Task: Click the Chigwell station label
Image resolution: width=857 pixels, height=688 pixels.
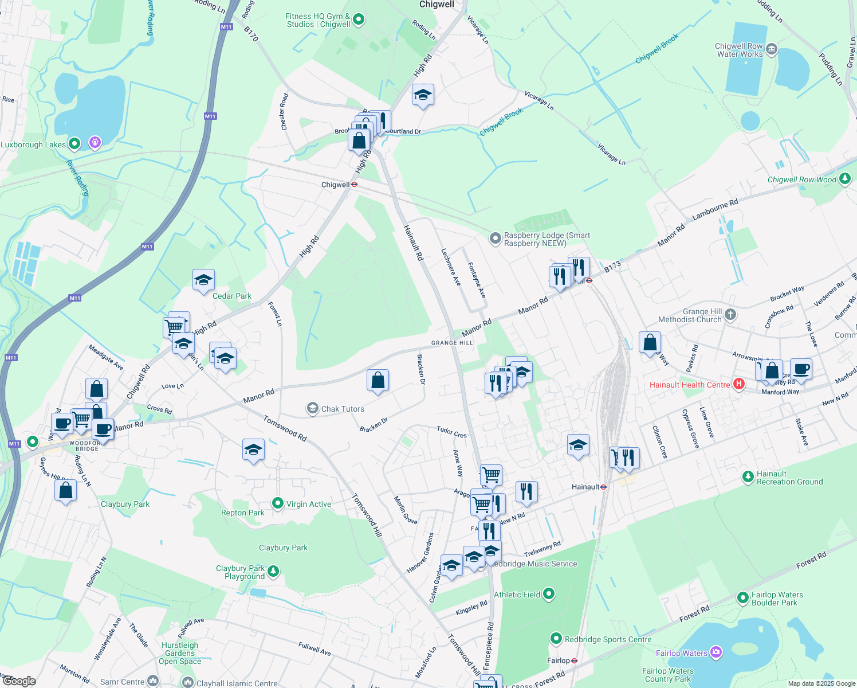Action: pos(336,185)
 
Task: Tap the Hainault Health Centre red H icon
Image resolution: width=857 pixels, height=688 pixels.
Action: pos(738,384)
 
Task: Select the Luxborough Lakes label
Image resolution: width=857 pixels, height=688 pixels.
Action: pos(33,144)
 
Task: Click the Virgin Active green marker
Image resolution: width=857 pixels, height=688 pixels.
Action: pos(278,503)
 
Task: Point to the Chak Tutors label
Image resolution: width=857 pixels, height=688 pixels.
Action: pos(343,409)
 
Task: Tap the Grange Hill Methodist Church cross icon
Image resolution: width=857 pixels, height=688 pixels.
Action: pos(730,314)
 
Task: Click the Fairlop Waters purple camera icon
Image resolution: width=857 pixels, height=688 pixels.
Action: pos(716,652)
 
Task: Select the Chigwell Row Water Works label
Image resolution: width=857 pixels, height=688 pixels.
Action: pos(739,50)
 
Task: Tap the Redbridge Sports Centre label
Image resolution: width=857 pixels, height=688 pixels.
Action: pos(608,639)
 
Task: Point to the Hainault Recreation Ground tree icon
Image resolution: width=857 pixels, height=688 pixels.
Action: pos(748,476)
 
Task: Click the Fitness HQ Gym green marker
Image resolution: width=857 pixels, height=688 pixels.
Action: pos(359,19)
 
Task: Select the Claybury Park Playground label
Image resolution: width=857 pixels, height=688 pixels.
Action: pos(241,572)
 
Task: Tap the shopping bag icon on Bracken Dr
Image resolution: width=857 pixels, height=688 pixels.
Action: pos(378,381)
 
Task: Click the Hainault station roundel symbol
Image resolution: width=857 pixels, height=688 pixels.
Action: pos(603,487)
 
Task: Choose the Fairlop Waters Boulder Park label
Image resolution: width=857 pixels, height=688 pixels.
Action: pos(777,599)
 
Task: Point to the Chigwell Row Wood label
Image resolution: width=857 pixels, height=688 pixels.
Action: pos(802,179)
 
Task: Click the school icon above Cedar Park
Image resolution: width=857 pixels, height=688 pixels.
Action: pos(203,281)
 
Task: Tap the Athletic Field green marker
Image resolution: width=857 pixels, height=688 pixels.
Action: pos(549,594)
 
